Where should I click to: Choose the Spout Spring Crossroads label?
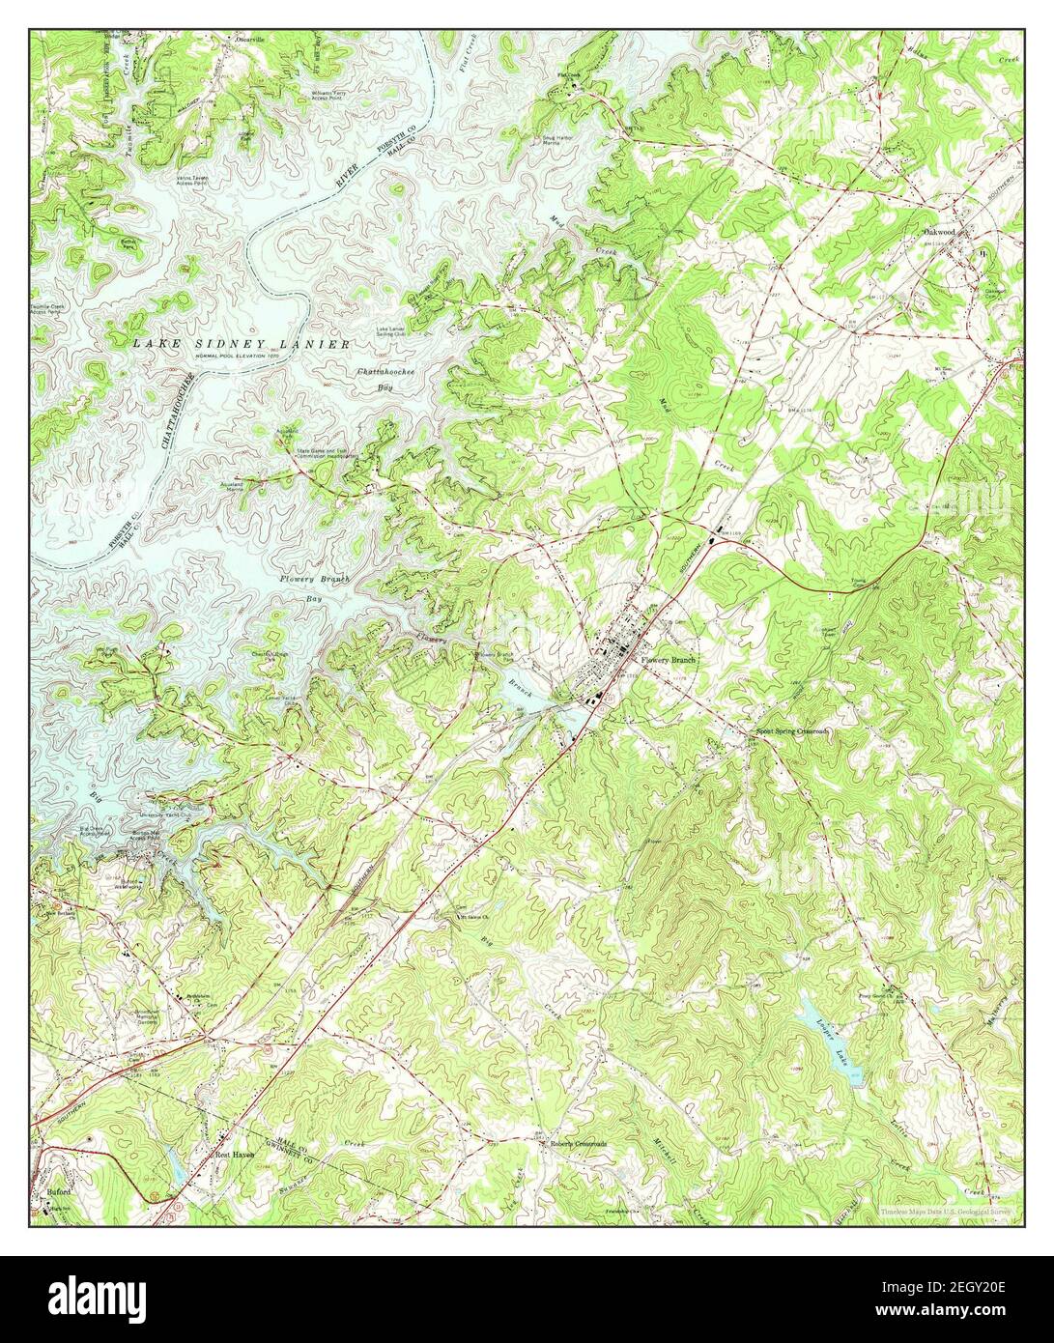tap(790, 731)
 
